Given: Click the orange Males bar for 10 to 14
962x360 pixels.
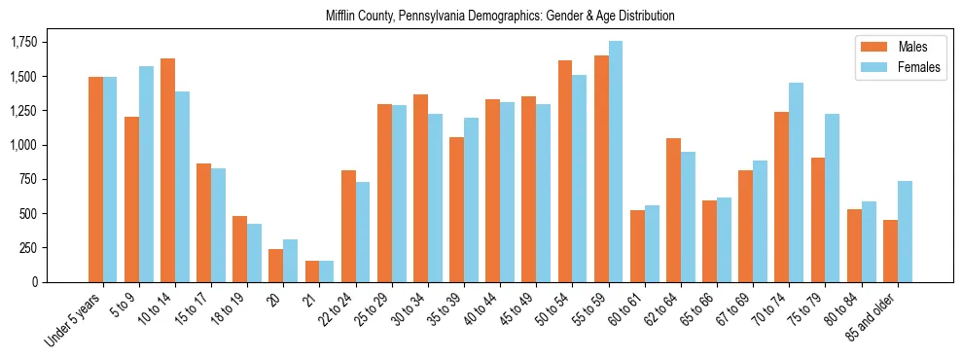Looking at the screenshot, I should (167, 170).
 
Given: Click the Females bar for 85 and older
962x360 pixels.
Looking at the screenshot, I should (905, 232).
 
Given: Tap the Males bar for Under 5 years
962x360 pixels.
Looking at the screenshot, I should (95, 179).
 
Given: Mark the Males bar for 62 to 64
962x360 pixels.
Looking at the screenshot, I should (673, 210).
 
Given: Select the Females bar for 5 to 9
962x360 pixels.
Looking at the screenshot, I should (146, 174).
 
